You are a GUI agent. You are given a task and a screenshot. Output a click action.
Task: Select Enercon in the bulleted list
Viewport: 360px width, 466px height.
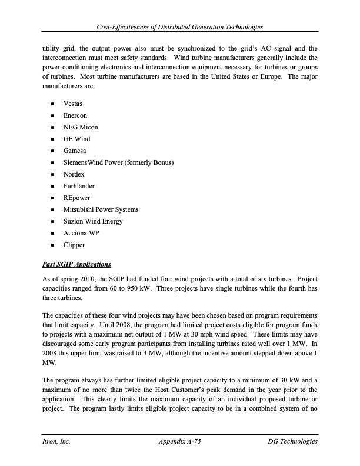(x=75, y=115)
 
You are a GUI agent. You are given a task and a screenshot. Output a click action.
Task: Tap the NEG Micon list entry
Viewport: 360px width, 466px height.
(x=81, y=127)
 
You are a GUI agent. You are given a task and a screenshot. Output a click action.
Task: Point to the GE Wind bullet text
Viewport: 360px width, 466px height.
(x=76, y=139)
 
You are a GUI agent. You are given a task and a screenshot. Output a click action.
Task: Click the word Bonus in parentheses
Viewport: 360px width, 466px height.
(x=162, y=162)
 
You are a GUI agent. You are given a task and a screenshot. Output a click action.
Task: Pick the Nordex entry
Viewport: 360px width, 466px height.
(x=74, y=174)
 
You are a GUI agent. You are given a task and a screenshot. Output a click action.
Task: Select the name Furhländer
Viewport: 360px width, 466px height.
(x=79, y=186)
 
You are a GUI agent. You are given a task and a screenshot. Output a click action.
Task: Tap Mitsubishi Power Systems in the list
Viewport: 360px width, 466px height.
(x=101, y=209)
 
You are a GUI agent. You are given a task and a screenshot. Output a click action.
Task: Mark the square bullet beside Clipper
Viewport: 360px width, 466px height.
(x=53, y=245)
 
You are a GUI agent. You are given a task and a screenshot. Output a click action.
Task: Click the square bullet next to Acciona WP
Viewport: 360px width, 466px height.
(x=53, y=233)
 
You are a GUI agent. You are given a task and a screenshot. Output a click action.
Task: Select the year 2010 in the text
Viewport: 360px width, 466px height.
(x=83, y=279)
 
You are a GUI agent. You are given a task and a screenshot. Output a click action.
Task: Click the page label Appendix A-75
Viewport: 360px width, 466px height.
(x=180, y=441)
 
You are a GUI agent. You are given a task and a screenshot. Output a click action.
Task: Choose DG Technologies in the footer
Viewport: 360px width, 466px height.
(x=292, y=441)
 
